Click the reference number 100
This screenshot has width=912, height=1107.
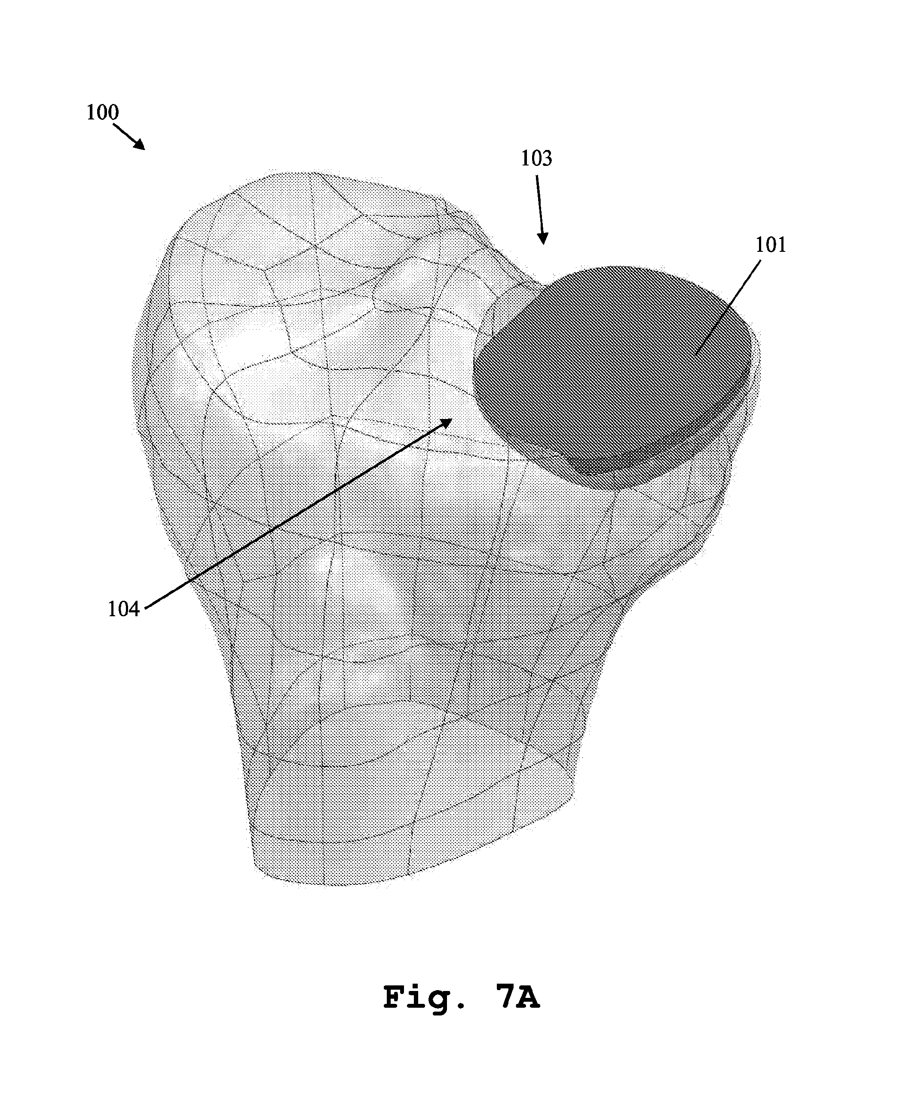pyautogui.click(x=102, y=113)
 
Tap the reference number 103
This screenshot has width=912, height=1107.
pyautogui.click(x=536, y=158)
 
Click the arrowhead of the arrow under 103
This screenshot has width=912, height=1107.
pyautogui.click(x=543, y=237)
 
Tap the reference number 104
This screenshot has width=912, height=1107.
pyautogui.click(x=124, y=609)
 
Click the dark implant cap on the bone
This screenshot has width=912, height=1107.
pyautogui.click(x=612, y=367)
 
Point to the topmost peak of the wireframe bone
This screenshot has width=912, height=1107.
pyautogui.click(x=294, y=172)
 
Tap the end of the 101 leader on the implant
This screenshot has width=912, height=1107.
pyautogui.click(x=695, y=357)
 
